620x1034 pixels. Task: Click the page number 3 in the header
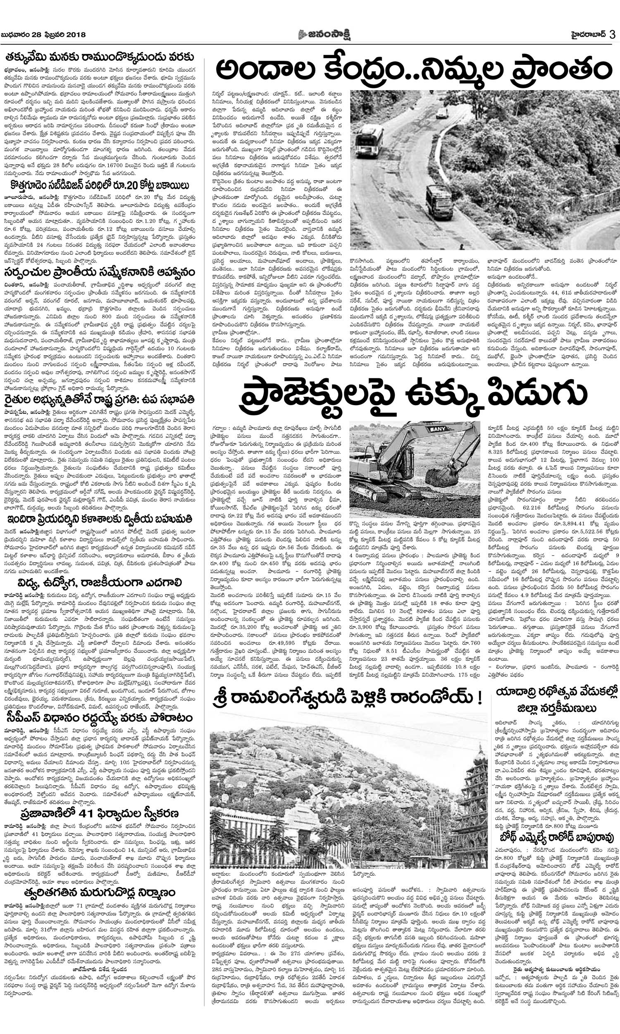pos(612,35)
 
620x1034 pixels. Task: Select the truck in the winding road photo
pos(439,202)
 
